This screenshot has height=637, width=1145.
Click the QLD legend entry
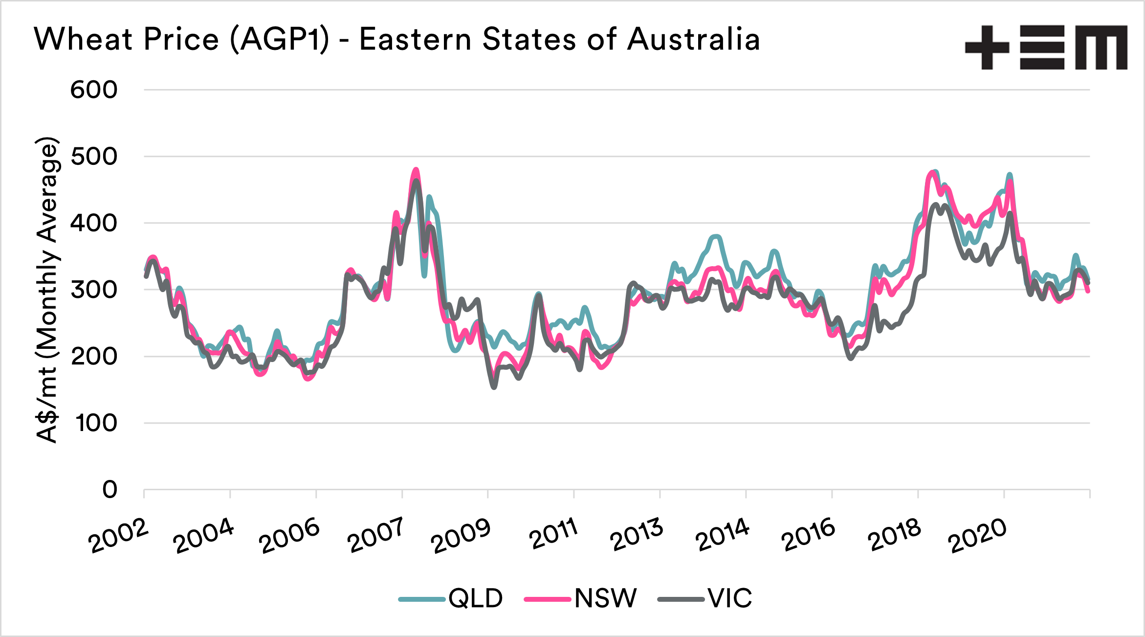pos(451,598)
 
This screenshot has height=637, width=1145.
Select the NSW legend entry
pos(581,598)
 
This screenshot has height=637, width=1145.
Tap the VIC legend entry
pos(705,598)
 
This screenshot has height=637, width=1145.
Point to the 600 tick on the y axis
pos(94,90)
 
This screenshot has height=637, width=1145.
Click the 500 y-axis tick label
pos(94,157)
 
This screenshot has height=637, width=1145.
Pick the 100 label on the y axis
pos(96,423)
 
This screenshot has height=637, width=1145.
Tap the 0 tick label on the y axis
pos(110,489)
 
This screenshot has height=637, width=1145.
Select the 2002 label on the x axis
pos(118,536)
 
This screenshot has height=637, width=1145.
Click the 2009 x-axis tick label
pos(461,536)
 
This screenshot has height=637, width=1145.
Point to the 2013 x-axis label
pos(637,534)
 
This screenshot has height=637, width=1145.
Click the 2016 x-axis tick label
pos(808,535)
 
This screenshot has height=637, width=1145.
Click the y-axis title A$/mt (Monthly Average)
pos(48,290)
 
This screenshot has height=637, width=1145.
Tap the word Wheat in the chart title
pos(83,39)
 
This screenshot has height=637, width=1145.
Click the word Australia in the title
pos(693,39)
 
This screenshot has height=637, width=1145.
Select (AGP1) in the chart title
pos(280,39)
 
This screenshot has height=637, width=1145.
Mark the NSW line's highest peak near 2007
pos(416,170)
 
